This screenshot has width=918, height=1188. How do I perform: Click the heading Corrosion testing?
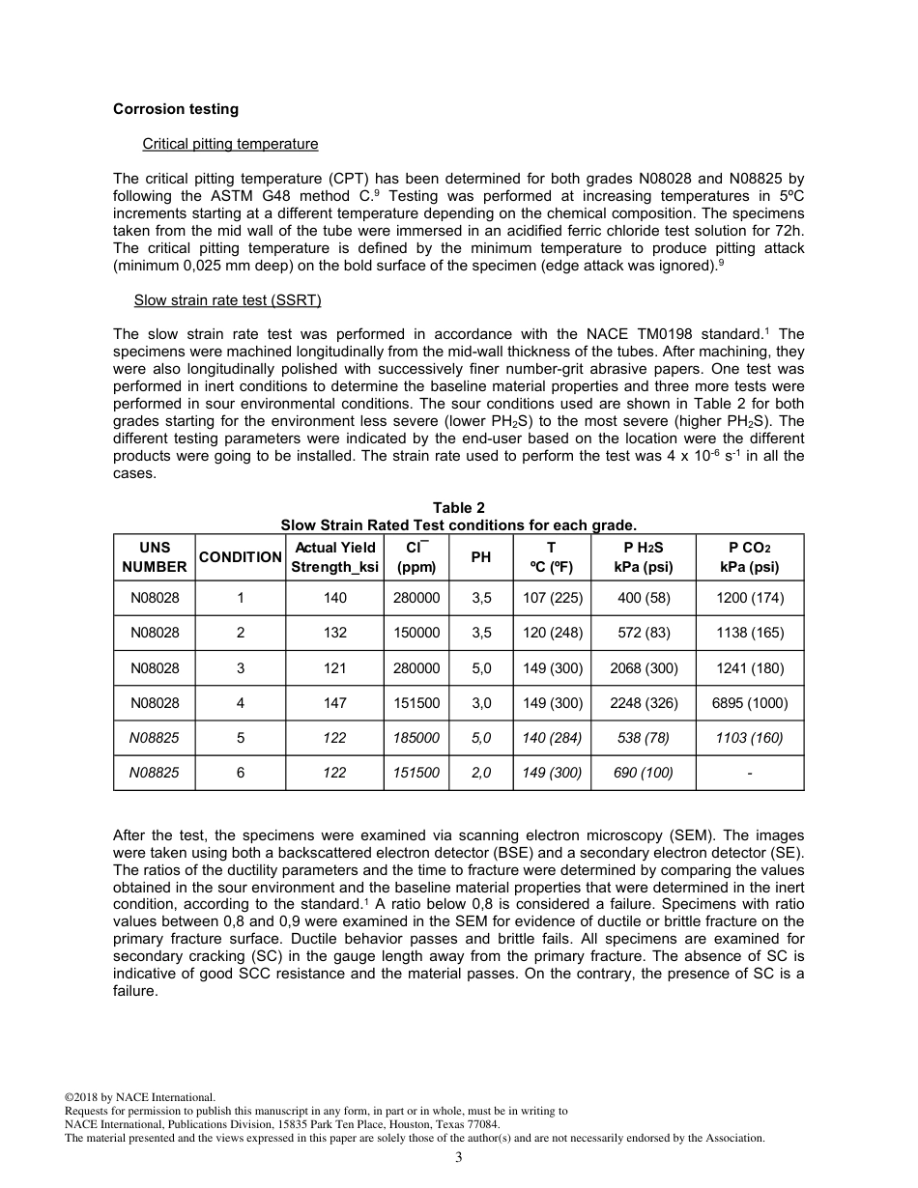(x=175, y=109)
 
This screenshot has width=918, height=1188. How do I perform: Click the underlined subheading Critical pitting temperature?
(x=230, y=144)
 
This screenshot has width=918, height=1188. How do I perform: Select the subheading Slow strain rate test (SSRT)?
(x=227, y=300)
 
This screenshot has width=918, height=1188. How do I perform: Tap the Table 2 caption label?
(x=458, y=508)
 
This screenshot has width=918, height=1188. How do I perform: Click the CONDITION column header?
(x=240, y=557)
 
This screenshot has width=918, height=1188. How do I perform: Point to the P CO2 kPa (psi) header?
(x=749, y=557)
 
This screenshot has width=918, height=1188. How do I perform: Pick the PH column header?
(x=480, y=557)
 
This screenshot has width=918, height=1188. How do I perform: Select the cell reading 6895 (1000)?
(x=749, y=703)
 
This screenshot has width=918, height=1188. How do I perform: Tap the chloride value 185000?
(x=416, y=738)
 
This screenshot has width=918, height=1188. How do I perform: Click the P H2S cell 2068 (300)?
(x=643, y=668)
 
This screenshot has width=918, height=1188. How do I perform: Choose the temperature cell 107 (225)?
(x=552, y=598)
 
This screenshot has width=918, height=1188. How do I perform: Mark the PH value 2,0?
(x=480, y=773)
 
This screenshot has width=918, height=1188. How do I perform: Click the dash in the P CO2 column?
(x=749, y=773)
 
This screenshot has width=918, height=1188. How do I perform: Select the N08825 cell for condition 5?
(x=155, y=738)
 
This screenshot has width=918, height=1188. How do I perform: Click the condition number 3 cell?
(x=240, y=668)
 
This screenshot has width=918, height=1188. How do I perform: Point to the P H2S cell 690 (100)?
(x=643, y=773)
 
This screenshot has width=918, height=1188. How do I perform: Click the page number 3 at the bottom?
(x=459, y=1158)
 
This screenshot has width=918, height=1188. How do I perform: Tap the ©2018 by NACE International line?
(x=139, y=1097)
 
